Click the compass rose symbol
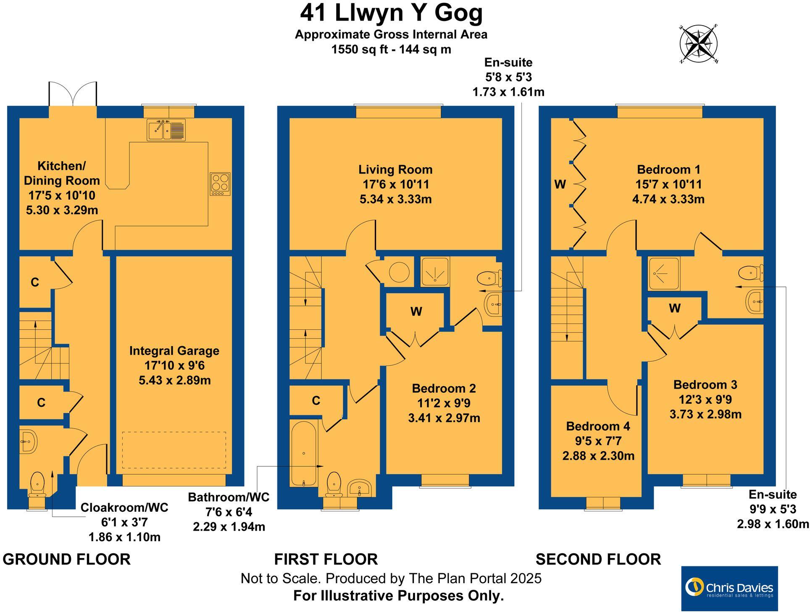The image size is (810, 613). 698,44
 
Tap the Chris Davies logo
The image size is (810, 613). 729,588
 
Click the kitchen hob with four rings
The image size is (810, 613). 220,184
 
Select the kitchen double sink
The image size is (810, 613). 166,129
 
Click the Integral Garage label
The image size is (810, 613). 174,351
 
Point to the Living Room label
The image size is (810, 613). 395,170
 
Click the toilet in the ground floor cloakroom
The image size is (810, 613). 37,483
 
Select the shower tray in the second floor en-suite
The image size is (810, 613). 663,274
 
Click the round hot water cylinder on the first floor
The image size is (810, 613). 399,272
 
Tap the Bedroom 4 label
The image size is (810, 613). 598,426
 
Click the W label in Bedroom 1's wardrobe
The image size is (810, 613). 560,184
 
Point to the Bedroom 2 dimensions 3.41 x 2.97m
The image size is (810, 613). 444,418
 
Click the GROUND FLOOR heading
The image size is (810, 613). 66,560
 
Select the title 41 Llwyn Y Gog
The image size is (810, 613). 391,13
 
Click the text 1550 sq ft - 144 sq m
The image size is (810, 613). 391,50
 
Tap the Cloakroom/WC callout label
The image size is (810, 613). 124,508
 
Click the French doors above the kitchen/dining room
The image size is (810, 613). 74,95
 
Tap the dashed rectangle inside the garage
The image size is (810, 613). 174,450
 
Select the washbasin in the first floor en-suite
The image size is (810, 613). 493,305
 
